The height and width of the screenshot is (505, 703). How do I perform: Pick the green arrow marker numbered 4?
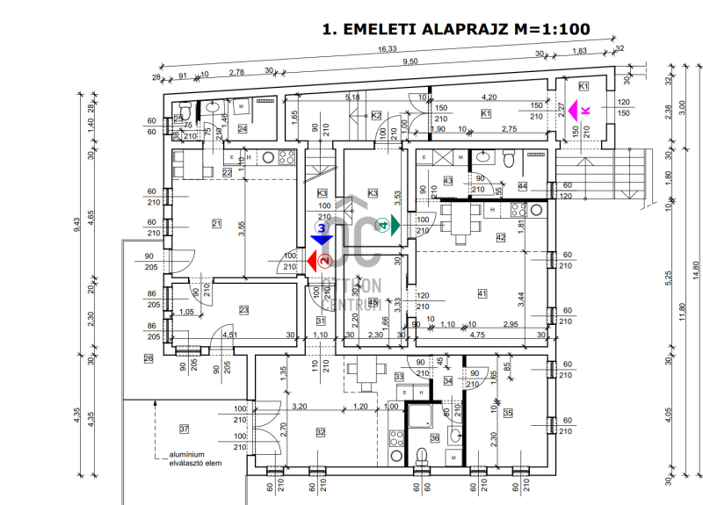388,225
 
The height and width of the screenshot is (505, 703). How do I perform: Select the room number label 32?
320,431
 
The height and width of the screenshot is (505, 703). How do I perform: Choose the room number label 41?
482,292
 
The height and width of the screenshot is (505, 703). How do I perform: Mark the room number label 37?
185,429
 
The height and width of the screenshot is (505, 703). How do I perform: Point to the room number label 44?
522,186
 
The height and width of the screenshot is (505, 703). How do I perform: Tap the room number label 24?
243,129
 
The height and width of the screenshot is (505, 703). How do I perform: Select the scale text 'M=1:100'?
552,29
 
